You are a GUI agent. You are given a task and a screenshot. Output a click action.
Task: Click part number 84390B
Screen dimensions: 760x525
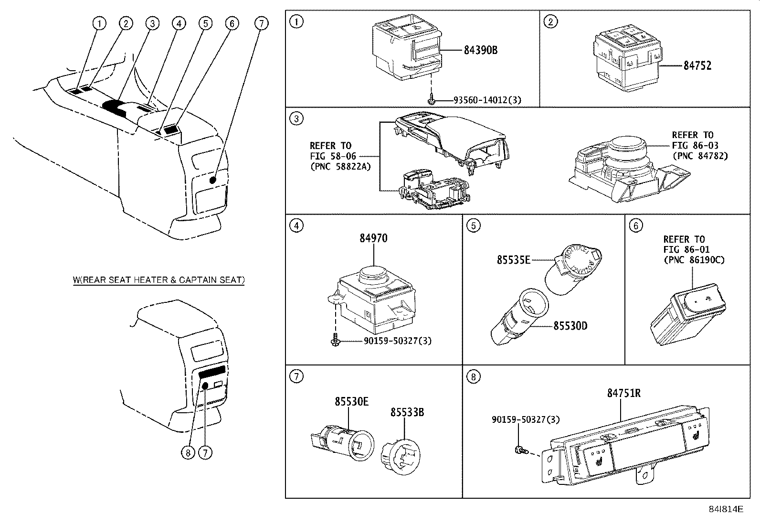point(480,50)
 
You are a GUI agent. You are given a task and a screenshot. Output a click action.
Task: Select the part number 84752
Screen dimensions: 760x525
point(697,65)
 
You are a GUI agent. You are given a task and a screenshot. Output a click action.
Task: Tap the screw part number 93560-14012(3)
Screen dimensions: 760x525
point(487,100)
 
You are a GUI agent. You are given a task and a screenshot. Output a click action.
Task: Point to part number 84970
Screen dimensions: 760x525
point(373,238)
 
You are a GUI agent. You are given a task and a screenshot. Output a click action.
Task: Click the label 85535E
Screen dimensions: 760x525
point(513,260)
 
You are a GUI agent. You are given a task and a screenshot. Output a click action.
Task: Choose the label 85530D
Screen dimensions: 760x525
point(570,326)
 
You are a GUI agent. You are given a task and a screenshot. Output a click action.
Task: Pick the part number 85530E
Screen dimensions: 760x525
point(351,402)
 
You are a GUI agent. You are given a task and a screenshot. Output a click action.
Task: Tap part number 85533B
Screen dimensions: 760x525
point(407,412)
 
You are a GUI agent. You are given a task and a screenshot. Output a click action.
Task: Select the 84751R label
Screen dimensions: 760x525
point(624,393)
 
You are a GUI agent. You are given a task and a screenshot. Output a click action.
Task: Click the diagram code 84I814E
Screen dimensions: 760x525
point(726,509)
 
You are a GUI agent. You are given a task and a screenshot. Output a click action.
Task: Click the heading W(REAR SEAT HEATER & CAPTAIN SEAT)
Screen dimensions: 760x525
point(158,280)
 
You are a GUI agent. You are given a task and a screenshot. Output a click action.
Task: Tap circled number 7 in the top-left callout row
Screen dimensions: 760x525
point(261,23)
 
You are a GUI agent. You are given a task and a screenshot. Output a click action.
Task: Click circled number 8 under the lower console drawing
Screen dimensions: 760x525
point(188,453)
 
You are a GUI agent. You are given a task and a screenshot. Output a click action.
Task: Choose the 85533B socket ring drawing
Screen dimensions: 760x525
point(401,456)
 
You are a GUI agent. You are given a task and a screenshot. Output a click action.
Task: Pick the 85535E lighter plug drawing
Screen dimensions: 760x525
point(573,268)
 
